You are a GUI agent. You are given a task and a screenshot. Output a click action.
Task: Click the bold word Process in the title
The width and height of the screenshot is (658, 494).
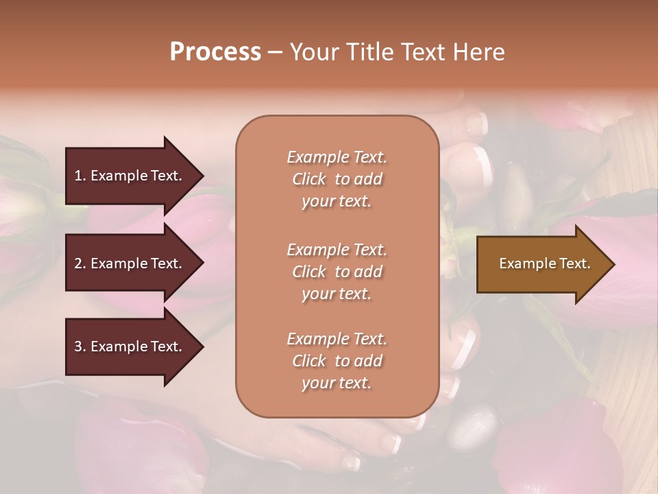[x=215, y=52]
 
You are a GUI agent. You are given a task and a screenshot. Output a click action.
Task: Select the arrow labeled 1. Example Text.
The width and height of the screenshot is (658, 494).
[x=130, y=176]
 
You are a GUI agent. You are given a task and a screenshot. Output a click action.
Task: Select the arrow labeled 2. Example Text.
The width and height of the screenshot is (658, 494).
[x=130, y=263]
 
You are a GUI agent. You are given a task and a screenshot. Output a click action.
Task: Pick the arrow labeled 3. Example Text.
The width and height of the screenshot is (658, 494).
[x=130, y=346]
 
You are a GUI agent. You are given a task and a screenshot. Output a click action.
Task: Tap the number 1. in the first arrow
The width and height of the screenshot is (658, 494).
[x=80, y=176]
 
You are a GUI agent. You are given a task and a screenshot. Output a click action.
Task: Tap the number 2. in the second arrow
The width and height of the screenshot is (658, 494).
[x=80, y=263]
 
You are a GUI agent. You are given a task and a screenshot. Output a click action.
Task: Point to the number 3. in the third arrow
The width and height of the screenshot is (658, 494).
[x=80, y=346]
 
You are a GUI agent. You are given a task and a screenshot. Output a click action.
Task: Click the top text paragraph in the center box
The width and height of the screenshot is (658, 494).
[x=337, y=179]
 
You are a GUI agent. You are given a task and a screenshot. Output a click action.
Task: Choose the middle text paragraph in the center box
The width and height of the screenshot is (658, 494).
[x=337, y=272]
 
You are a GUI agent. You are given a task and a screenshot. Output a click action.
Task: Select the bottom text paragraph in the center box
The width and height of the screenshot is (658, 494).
[x=337, y=361]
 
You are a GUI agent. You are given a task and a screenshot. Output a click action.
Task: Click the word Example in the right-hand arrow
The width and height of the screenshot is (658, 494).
[x=522, y=264]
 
